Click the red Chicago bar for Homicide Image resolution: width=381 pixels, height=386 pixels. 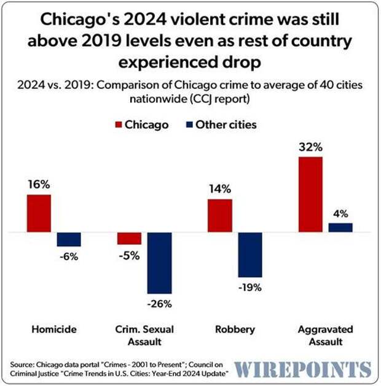coord(38,214)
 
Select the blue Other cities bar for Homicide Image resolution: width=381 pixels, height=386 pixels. coord(69,239)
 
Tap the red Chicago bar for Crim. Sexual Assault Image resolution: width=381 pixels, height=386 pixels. coord(129,239)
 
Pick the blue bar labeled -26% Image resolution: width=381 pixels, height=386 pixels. coord(159,263)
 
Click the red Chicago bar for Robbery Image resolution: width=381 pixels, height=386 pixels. coord(219,216)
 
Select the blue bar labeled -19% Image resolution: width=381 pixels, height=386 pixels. coord(249,255)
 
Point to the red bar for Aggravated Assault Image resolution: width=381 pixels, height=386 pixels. coord(310,195)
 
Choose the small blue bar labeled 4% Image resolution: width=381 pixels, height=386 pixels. coord(340,228)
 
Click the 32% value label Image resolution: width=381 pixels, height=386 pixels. coord(310,147)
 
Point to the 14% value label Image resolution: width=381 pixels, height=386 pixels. coord(219,189)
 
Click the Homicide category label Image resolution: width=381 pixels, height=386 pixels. coord(54,330)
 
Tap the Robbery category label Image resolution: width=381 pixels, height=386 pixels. coord(235,330)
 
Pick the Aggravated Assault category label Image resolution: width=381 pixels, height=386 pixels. coord(326,335)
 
